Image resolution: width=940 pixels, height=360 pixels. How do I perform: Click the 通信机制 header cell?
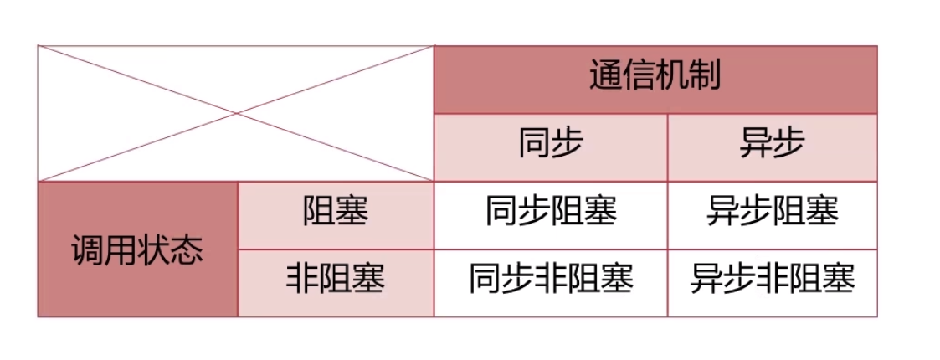tap(655, 79)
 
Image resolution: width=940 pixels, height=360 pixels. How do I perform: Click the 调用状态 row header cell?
tap(137, 249)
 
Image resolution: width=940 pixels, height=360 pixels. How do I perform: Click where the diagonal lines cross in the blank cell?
tap(236, 113)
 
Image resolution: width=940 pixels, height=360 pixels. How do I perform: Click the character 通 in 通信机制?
tap(606, 79)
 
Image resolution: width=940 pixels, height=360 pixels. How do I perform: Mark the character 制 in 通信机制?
tap(705, 79)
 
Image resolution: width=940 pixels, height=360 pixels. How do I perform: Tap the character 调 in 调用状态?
tap(88, 249)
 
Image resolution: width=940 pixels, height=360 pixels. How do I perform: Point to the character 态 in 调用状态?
tap(187, 249)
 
